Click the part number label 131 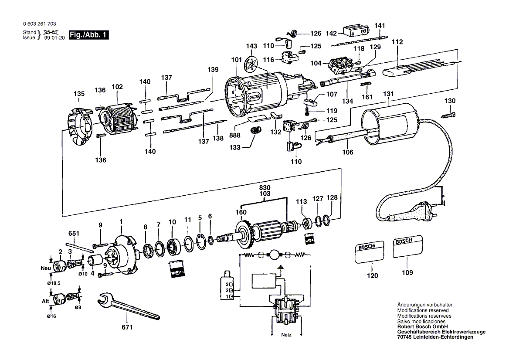388,94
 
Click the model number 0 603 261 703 39,24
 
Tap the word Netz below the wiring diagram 286,335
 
